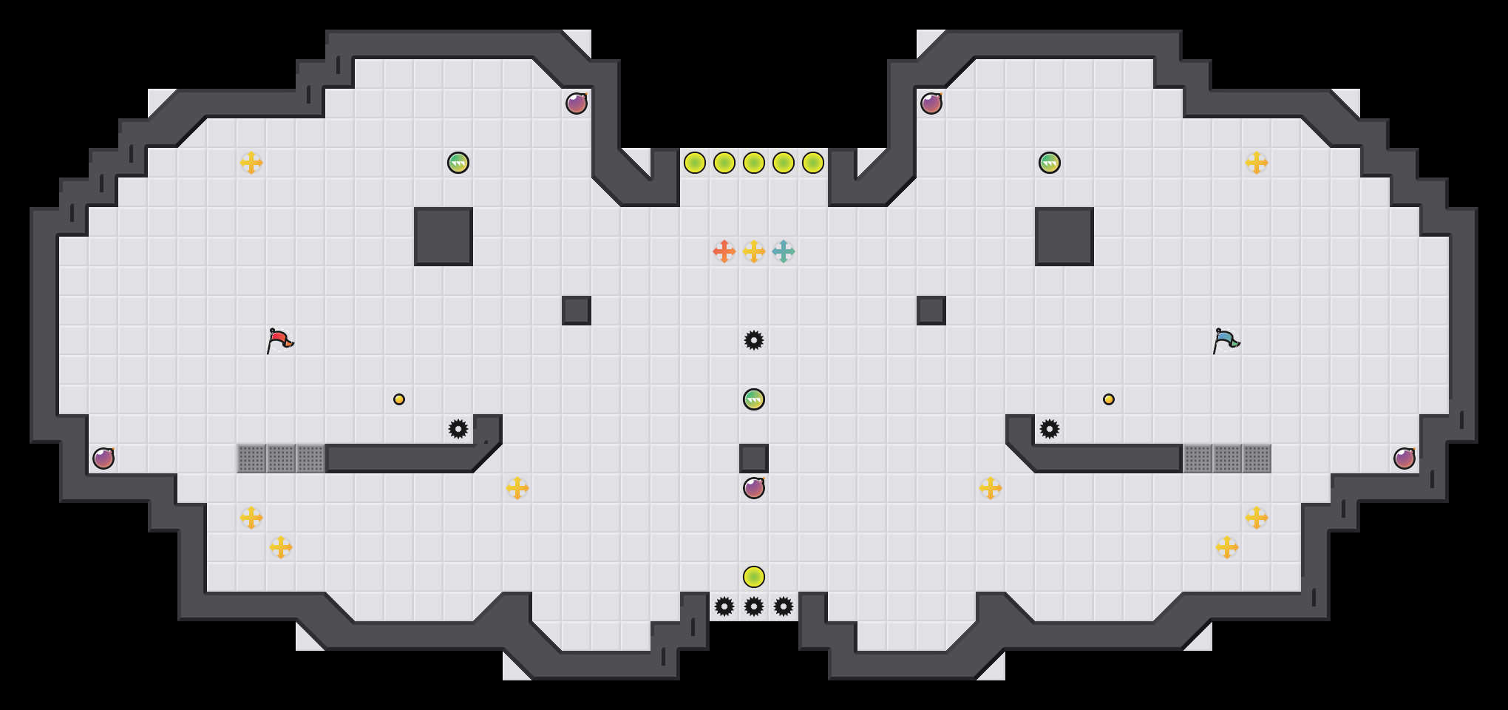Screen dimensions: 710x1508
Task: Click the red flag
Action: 279,341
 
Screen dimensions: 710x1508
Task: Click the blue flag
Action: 1226,341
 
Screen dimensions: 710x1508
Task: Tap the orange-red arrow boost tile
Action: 724,251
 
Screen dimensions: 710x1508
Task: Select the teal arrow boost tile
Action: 784,251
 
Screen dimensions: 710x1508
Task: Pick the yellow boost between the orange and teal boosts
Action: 754,251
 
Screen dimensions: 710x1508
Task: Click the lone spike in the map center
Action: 754,340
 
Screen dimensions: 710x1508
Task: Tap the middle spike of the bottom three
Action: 754,606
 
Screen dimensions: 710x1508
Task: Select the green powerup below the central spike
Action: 754,399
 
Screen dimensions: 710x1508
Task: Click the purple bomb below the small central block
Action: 754,488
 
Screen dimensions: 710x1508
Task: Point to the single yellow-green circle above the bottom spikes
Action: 754,577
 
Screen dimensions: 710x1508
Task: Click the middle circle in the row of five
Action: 754,163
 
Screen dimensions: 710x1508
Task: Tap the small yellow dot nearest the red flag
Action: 399,399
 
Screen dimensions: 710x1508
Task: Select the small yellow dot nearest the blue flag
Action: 1109,399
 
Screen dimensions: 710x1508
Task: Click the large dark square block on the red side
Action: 444,237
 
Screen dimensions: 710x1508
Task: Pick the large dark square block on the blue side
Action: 1064,237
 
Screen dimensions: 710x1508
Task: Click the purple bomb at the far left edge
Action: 103,459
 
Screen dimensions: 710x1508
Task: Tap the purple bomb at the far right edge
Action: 1405,459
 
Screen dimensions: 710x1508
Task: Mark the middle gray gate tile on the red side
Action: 281,459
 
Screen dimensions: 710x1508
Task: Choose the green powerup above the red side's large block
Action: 458,163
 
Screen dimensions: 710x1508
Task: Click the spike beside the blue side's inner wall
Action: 1050,429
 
